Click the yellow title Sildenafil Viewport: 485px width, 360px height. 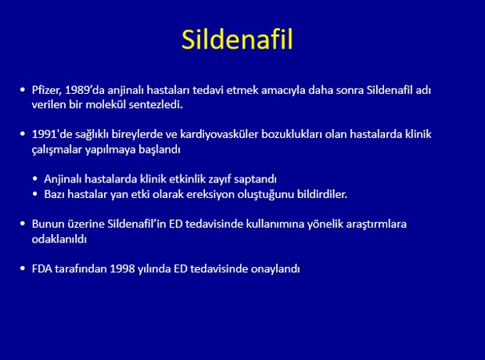(237, 39)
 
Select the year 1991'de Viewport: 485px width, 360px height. (52, 134)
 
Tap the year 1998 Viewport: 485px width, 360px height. (123, 268)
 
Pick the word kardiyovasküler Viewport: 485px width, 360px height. (219, 134)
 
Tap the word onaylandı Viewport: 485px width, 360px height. (275, 268)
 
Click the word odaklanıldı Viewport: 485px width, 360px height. (59, 239)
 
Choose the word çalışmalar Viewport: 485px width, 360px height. (57, 149)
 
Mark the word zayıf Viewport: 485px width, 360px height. (220, 179)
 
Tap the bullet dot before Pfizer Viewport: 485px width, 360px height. (22, 90)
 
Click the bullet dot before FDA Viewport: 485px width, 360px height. (22, 268)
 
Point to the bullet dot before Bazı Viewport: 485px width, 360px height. (35, 194)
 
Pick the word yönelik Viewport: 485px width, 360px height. (325, 224)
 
